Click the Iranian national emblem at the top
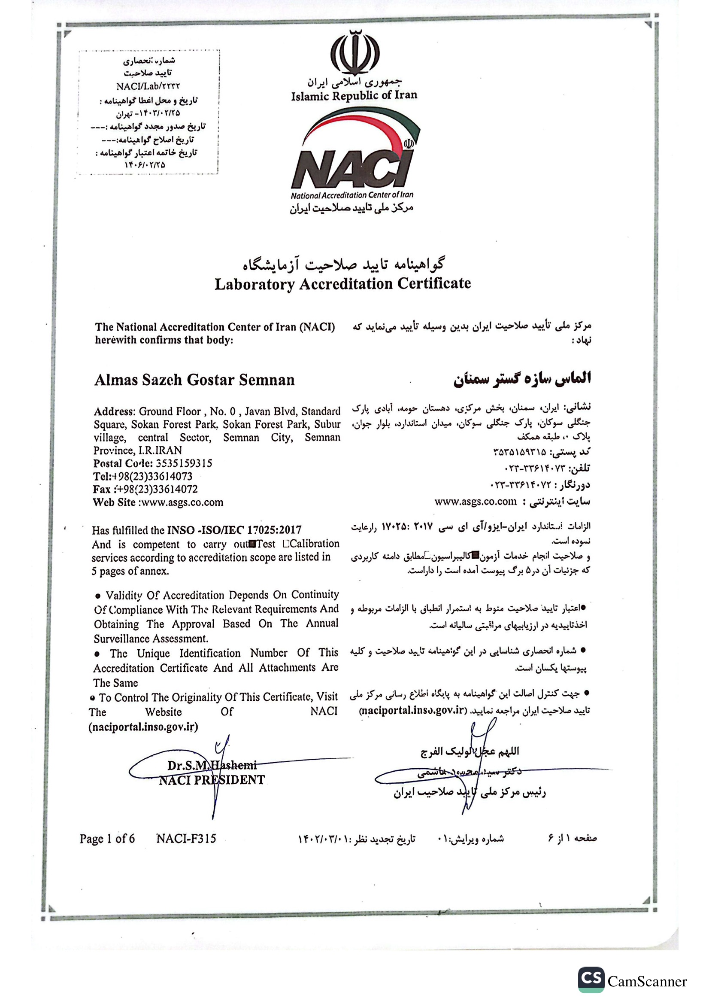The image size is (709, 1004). (x=354, y=53)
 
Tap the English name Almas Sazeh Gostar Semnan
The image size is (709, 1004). (x=194, y=380)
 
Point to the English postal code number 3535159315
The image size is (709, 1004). (x=184, y=463)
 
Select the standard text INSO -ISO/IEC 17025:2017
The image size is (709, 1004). (x=234, y=530)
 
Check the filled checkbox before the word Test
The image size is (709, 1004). (x=252, y=544)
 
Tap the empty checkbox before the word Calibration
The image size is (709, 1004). (x=286, y=544)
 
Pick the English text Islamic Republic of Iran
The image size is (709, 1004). (x=354, y=96)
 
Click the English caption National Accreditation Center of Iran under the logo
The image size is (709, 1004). (x=352, y=195)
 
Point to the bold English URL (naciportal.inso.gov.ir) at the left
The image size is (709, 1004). (x=143, y=727)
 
